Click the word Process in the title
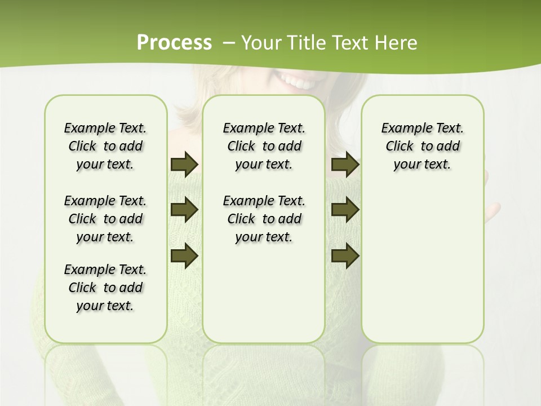174,43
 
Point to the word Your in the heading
260,43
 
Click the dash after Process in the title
229,43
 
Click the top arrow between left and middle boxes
184,164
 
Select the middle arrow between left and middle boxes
184,210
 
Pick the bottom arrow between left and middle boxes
184,256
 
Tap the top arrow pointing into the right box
345,164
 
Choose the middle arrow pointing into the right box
345,210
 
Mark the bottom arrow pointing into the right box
345,256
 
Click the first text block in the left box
105,146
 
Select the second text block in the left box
105,219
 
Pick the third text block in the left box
105,288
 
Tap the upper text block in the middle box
264,146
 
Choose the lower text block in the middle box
264,219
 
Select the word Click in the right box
400,147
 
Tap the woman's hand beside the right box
492,211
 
